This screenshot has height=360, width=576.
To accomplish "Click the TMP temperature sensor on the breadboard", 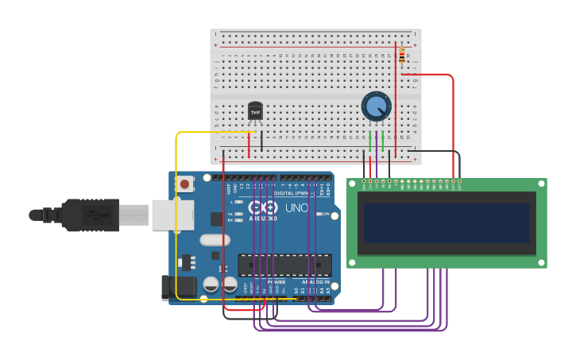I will pos(255,112).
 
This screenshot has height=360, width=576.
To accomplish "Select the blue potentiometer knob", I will pos(376,106).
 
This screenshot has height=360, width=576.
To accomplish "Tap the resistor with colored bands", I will pos(402,56).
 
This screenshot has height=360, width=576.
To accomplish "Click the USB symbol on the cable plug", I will pos(94,215).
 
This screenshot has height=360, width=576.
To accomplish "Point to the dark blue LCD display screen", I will pos(446,223).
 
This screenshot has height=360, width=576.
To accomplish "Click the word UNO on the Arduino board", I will pos(296,207).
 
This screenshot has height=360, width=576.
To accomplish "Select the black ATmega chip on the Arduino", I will pos(284,265).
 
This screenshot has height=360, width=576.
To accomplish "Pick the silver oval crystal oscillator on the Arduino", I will pos(215,240).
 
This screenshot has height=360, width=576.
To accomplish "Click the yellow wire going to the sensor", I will pos(176,215).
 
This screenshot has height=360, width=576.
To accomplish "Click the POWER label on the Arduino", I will pos(275,281).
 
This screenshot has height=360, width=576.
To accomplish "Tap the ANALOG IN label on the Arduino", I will pos(315,281).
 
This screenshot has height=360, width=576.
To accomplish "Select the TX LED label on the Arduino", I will pos(230,214).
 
